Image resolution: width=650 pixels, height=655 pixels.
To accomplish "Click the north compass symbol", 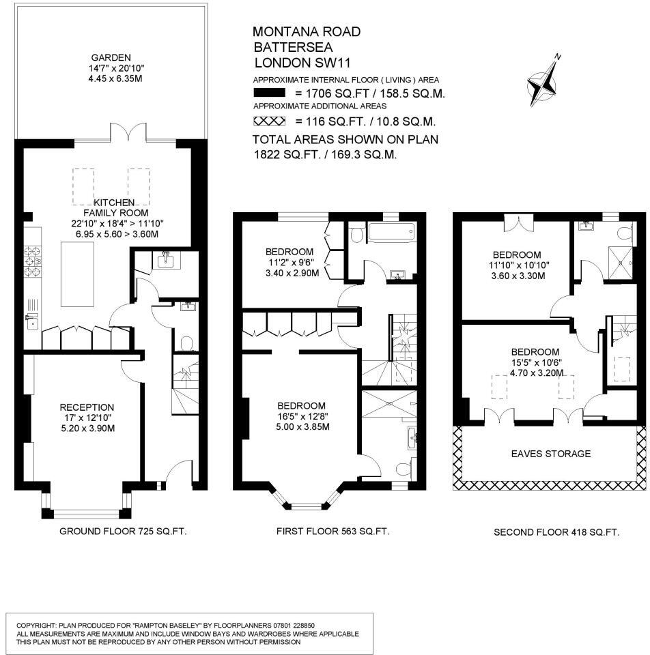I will [544, 83].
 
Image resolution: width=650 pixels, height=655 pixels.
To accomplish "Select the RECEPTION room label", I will [87, 407].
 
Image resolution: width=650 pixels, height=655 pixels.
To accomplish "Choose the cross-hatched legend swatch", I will [269, 121].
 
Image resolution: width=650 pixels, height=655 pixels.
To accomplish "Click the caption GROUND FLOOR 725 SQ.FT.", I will [123, 532].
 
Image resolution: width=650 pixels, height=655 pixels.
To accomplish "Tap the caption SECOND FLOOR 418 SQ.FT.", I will [556, 532].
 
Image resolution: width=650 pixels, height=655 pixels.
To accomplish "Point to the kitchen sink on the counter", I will [32, 323].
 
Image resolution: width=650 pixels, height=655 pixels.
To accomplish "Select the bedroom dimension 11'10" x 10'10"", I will [517, 265].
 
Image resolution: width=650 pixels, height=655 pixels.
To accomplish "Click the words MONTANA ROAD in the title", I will [307, 32].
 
